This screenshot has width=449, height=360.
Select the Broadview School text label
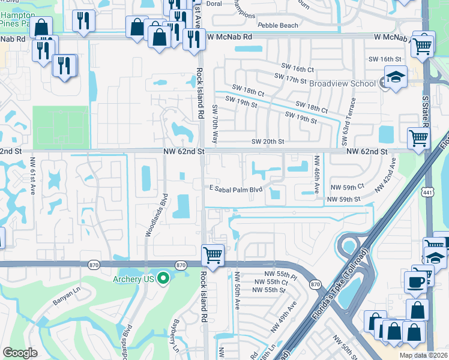[342, 83]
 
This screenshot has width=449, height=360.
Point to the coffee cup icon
[415, 281]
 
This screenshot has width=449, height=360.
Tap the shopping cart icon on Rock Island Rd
[212, 255]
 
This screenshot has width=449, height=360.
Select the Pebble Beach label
[277, 26]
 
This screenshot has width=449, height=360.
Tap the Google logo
[20, 352]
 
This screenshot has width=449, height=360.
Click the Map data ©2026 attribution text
[424, 355]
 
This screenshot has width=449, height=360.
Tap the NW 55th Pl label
[283, 275]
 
